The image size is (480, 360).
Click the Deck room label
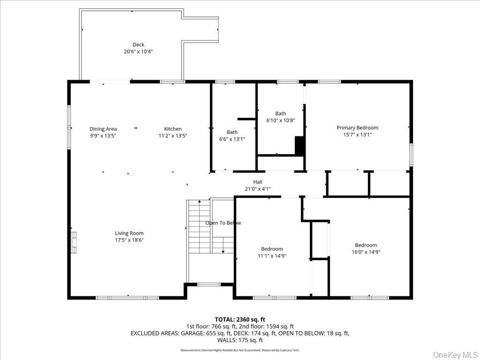tap(138, 45)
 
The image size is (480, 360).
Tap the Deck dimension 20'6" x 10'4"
tap(138, 52)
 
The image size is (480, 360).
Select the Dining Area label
tap(103, 129)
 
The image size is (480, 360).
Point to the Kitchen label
tap(172, 129)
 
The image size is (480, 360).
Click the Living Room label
tap(129, 233)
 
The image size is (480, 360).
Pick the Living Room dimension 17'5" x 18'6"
tap(129, 240)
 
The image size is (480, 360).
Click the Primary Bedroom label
tap(357, 127)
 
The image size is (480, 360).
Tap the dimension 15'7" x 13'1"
tap(357, 135)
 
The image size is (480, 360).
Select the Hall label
tap(258, 182)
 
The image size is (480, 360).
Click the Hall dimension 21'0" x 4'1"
tap(258, 189)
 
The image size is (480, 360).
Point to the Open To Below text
tap(223, 223)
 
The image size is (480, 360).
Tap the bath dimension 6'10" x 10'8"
tap(280, 120)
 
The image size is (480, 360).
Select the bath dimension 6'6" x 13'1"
tap(232, 139)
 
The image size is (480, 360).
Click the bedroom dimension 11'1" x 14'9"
tap(272, 256)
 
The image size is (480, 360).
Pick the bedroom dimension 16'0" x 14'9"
tap(366, 252)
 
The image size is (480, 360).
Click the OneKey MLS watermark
tap(455, 353)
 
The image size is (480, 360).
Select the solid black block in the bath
tap(300, 146)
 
